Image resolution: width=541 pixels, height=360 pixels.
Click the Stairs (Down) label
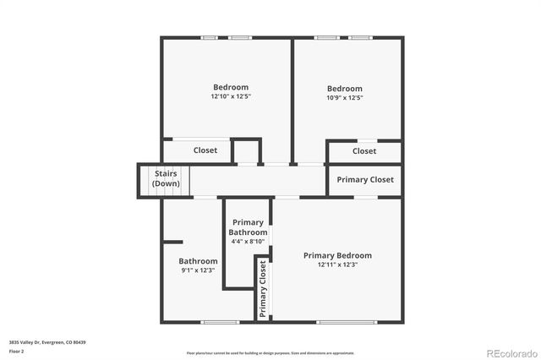pyautogui.click(x=166, y=178)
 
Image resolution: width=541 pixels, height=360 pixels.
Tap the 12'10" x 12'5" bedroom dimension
pyautogui.click(x=230, y=97)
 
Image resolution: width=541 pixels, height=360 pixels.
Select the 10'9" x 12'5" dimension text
pyautogui.click(x=345, y=98)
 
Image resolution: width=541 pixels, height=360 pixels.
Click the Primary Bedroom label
pyautogui.click(x=337, y=255)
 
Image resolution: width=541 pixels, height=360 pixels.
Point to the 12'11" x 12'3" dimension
pyautogui.click(x=337, y=265)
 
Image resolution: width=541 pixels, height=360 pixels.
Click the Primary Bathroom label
pyautogui.click(x=248, y=227)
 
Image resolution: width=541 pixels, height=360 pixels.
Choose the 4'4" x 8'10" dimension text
pyautogui.click(x=248, y=241)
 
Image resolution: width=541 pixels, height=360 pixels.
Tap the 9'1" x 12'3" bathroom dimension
pyautogui.click(x=199, y=270)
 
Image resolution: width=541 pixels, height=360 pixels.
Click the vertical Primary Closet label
pyautogui.click(x=263, y=288)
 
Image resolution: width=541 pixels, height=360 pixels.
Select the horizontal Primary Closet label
pyautogui.click(x=365, y=179)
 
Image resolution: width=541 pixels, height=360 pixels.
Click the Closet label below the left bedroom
pyautogui.click(x=205, y=150)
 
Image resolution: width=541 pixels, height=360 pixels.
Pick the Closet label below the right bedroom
pyautogui.click(x=364, y=151)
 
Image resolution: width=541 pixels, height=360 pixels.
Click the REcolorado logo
pyautogui.click(x=510, y=352)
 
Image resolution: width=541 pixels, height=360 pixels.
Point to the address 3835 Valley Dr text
pyautogui.click(x=47, y=342)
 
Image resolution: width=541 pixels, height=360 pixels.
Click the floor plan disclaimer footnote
pyautogui.click(x=270, y=353)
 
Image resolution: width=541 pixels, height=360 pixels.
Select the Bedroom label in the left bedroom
pyautogui.click(x=231, y=87)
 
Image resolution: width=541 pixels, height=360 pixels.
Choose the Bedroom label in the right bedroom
pyautogui.click(x=345, y=89)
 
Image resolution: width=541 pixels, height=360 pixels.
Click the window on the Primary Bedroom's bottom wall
pyautogui.click(x=347, y=321)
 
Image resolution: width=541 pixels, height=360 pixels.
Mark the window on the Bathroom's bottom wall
pyautogui.click(x=214, y=321)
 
